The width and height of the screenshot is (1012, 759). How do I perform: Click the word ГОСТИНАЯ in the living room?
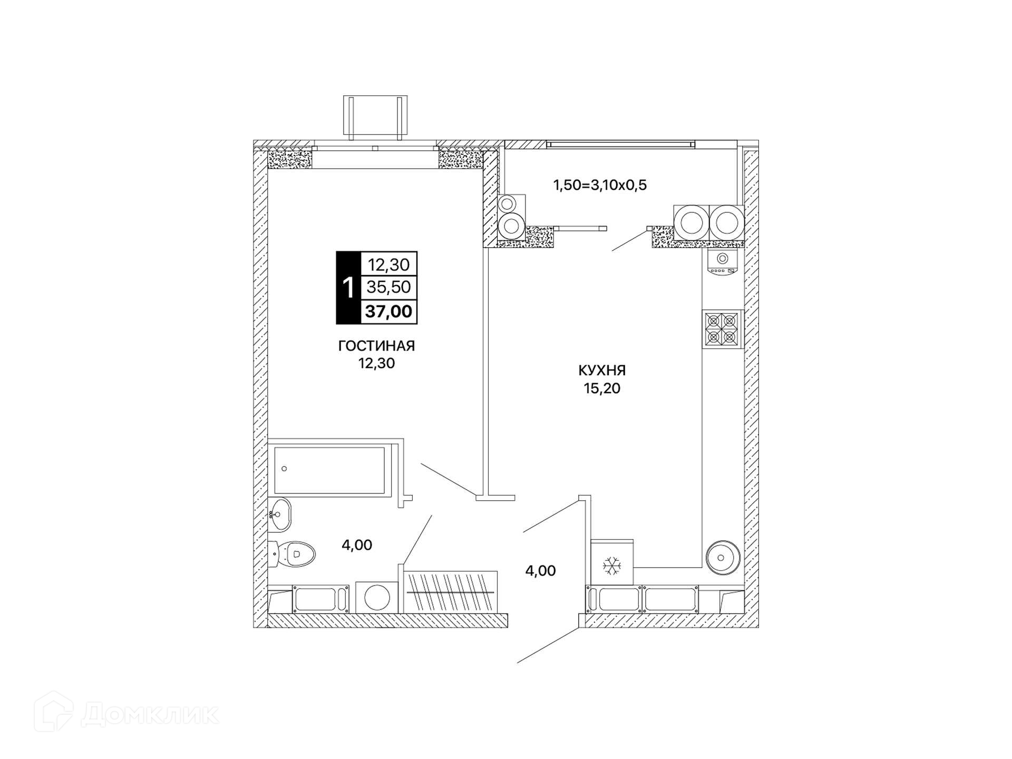click(x=376, y=346)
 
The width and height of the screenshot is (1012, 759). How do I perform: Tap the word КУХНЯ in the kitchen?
click(x=602, y=371)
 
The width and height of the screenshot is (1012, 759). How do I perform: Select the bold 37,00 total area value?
click(x=388, y=312)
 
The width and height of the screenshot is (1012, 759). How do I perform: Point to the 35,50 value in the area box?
click(x=389, y=287)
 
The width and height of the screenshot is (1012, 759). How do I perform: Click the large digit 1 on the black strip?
click(x=348, y=288)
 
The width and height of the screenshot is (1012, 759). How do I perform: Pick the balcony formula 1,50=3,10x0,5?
click(x=600, y=185)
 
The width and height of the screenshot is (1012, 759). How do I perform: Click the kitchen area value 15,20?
click(x=602, y=388)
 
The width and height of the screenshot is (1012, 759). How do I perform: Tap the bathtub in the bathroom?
click(x=329, y=470)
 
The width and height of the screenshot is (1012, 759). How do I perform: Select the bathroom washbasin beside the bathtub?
click(x=280, y=514)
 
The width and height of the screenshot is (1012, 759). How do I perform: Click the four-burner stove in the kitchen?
click(x=722, y=328)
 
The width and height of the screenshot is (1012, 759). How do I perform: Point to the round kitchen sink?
click(x=723, y=557)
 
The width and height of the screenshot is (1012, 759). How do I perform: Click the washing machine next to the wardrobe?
click(x=377, y=598)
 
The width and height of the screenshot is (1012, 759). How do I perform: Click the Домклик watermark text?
click(x=150, y=714)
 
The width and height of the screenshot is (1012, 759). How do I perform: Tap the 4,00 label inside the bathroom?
click(x=357, y=545)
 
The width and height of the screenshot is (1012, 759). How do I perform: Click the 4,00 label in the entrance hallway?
click(x=540, y=571)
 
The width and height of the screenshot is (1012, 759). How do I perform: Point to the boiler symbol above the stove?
click(x=723, y=262)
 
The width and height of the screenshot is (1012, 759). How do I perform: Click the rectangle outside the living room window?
click(x=375, y=118)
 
